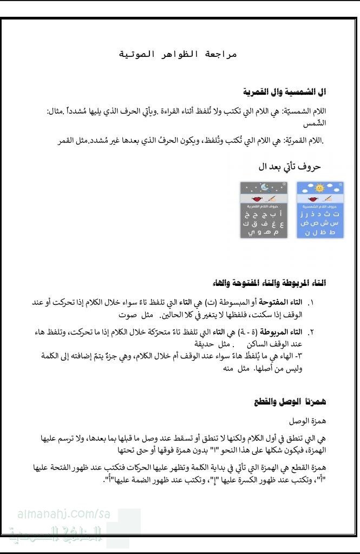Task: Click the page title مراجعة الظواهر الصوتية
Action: [x=178, y=55]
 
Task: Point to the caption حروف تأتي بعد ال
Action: [x=290, y=167]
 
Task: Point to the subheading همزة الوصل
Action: [x=308, y=420]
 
